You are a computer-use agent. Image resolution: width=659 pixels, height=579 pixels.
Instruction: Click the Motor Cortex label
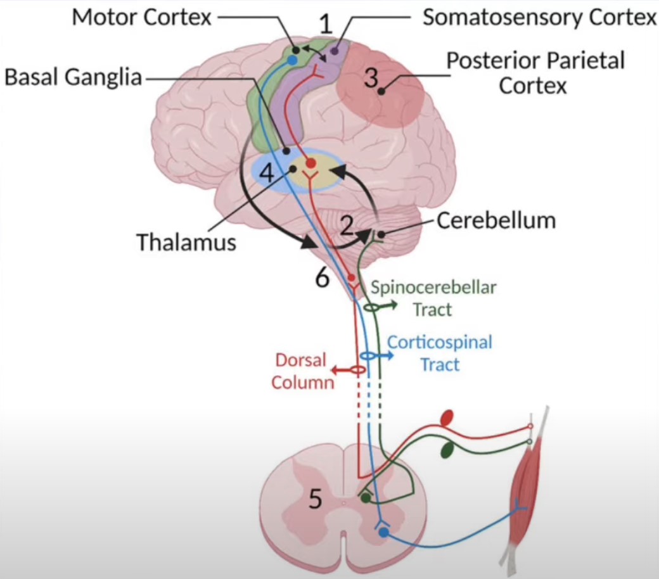(141, 17)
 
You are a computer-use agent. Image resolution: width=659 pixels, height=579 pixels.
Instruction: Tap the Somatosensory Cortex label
(539, 17)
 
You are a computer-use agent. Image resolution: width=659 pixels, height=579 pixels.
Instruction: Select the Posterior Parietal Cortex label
(535, 72)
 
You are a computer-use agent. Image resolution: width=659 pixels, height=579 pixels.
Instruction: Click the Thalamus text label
(186, 241)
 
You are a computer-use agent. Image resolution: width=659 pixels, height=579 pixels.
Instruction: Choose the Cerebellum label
(496, 220)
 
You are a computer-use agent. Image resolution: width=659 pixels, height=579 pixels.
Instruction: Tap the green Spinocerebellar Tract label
(433, 298)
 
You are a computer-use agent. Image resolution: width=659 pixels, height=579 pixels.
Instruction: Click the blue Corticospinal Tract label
(440, 353)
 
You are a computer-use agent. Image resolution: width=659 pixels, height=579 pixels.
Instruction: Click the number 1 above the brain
(326, 25)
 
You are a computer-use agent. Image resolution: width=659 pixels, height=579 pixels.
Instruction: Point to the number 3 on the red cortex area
(371, 79)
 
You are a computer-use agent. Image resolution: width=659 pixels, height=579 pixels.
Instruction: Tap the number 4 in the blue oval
(269, 173)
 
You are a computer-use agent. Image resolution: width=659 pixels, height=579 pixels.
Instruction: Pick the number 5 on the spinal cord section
(315, 500)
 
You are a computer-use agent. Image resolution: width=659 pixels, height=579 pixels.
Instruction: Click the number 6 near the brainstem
(322, 277)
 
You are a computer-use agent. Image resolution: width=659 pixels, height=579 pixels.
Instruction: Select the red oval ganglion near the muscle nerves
(447, 417)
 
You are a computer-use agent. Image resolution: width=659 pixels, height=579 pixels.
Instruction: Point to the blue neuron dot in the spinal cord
(383, 533)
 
